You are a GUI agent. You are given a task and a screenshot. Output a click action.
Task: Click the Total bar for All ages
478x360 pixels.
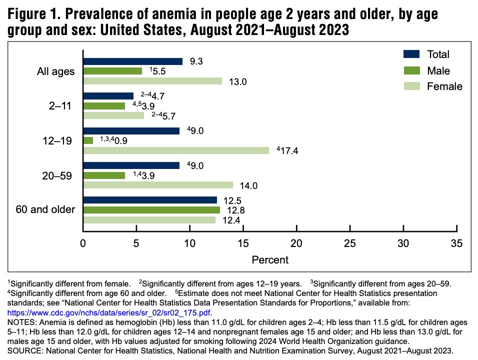click(x=133, y=61)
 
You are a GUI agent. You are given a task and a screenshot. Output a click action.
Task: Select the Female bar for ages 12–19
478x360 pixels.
click(x=176, y=150)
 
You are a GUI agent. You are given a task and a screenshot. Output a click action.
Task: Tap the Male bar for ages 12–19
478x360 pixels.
click(x=88, y=140)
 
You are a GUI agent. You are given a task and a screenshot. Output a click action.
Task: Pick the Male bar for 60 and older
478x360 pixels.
click(x=151, y=210)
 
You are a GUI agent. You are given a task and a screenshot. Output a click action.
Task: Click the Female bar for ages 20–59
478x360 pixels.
click(x=158, y=185)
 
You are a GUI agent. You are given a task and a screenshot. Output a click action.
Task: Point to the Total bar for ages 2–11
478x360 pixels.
click(x=108, y=95)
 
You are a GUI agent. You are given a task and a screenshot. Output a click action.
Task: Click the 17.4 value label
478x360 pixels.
click(x=289, y=150)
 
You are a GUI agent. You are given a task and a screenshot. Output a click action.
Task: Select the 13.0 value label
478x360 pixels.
click(x=238, y=81)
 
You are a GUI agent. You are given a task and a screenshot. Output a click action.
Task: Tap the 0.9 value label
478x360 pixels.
click(x=121, y=140)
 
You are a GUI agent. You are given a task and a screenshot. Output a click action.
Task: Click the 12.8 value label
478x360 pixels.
click(x=236, y=210)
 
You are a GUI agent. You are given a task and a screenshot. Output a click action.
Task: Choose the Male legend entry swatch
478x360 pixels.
click(x=412, y=70)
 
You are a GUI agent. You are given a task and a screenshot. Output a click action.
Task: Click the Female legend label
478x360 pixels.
click(x=444, y=86)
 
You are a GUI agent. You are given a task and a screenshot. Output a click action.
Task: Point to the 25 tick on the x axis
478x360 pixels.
click(x=350, y=228)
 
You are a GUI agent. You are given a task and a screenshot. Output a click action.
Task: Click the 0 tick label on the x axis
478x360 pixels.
click(x=83, y=243)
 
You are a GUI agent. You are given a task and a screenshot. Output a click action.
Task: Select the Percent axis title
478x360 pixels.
click(x=270, y=259)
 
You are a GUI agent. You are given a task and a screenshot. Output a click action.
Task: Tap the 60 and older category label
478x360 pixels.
click(x=45, y=209)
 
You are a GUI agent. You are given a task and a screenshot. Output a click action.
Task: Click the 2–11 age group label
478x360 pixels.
click(x=60, y=106)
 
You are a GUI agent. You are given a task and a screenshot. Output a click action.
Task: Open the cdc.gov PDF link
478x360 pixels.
click(x=109, y=313)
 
